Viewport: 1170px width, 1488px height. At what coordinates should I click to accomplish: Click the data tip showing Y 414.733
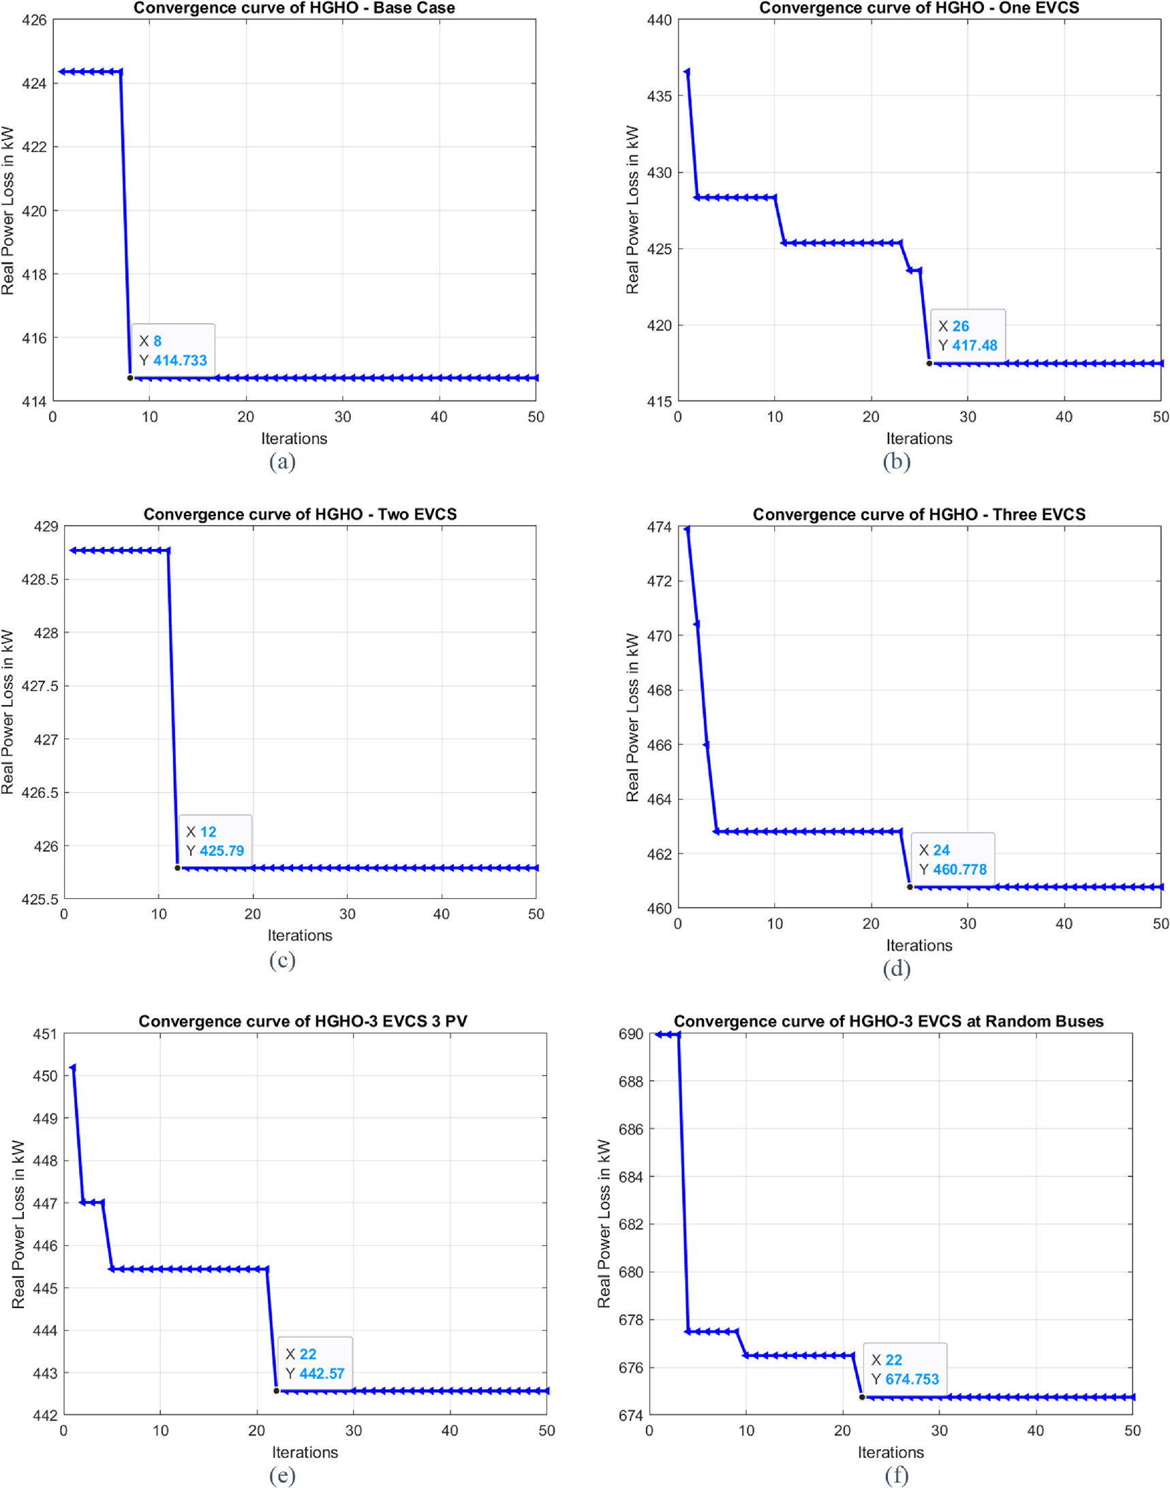(x=172, y=351)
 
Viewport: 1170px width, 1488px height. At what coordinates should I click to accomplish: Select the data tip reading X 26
(x=967, y=335)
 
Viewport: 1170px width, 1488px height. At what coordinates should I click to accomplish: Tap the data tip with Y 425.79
(x=215, y=841)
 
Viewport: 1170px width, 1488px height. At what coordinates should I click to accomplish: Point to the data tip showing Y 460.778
(x=952, y=859)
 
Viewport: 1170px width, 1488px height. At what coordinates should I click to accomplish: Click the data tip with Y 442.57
(x=314, y=1363)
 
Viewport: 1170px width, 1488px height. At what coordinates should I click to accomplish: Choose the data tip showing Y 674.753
(x=904, y=1369)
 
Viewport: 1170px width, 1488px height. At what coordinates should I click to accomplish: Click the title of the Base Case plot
(x=294, y=8)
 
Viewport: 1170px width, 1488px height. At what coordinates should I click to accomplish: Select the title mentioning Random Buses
(x=889, y=1022)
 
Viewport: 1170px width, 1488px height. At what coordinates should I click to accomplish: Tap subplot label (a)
(x=282, y=461)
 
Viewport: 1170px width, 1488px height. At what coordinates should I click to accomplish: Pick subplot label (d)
(x=896, y=968)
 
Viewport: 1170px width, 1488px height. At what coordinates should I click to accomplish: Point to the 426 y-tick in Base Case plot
(x=34, y=20)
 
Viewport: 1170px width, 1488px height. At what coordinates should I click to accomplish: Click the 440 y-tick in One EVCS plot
(x=659, y=20)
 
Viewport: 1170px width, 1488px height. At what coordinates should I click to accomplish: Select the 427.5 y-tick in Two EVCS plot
(x=40, y=686)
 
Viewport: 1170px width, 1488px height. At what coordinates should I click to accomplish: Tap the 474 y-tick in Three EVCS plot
(x=659, y=527)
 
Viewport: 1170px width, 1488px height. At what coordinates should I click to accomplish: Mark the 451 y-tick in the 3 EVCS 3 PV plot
(x=45, y=1034)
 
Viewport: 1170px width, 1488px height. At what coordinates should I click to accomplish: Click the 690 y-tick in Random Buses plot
(x=630, y=1034)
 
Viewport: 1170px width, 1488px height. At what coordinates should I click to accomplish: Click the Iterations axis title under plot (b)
(x=919, y=438)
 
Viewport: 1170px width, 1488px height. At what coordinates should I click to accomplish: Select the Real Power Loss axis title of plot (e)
(x=18, y=1224)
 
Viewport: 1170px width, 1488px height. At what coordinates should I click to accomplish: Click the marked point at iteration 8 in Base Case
(x=130, y=378)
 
